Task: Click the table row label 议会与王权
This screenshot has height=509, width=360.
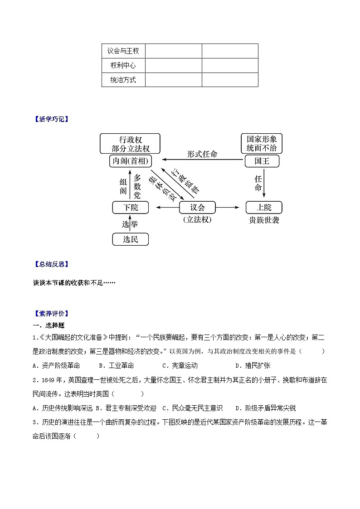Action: (x=123, y=51)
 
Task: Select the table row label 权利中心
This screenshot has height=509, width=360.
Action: (x=123, y=66)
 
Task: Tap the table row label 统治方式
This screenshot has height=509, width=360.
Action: (x=123, y=80)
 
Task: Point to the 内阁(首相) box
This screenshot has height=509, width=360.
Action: (x=130, y=161)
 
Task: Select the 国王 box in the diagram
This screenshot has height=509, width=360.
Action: (x=262, y=161)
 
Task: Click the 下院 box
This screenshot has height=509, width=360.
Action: (x=131, y=208)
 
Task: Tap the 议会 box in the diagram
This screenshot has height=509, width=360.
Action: (x=198, y=208)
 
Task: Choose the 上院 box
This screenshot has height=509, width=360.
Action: (x=264, y=208)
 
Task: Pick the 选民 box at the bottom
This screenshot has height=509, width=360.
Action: (x=131, y=239)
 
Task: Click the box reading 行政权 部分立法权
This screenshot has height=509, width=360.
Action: (x=130, y=144)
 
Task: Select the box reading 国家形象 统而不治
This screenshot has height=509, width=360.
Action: (x=262, y=144)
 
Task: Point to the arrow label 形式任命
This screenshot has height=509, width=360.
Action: (x=202, y=154)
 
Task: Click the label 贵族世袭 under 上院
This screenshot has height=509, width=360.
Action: (x=264, y=220)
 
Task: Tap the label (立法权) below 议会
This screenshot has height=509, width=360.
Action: (x=198, y=220)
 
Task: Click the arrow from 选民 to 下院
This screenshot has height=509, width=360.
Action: (x=131, y=223)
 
